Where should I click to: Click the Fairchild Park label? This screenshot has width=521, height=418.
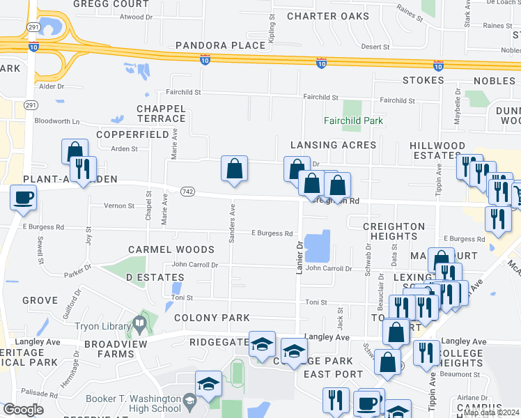click(354, 121)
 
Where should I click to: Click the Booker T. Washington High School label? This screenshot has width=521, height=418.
click(133, 404)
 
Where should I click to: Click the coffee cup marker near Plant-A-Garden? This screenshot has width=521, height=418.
click(24, 197)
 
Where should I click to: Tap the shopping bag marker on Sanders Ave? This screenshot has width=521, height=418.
click(235, 168)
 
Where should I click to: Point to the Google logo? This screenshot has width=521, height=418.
click(22, 410)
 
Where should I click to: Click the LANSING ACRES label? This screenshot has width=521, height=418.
click(334, 145)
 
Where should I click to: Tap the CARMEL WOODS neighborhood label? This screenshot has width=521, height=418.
click(171, 249)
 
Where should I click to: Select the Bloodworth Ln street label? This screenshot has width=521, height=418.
click(57, 121)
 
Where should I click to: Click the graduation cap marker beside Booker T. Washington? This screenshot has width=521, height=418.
click(208, 384)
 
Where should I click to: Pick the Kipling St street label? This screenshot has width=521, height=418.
click(271, 30)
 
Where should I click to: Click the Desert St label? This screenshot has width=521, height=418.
click(375, 47)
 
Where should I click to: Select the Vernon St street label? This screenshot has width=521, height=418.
click(119, 206)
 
